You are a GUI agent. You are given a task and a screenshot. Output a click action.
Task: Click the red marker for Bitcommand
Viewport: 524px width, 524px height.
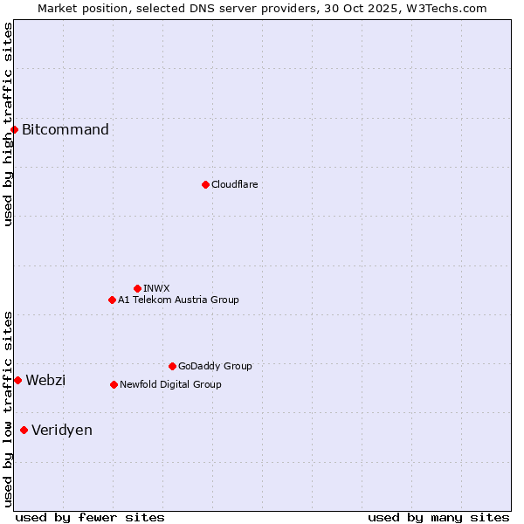(14, 130)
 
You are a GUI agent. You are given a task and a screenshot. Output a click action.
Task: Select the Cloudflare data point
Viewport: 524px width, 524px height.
(205, 184)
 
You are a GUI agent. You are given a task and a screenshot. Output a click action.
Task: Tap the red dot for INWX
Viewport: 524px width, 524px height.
(137, 288)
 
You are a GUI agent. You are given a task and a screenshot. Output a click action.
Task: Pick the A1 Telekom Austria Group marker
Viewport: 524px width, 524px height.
(112, 300)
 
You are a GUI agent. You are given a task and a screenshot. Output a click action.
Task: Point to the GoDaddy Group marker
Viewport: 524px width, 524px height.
(172, 366)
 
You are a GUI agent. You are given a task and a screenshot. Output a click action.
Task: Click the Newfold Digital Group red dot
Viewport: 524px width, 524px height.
(114, 384)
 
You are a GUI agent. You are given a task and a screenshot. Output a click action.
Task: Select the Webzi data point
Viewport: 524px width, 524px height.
(17, 380)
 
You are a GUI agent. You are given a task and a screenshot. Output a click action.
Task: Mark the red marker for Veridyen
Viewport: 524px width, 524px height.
(24, 430)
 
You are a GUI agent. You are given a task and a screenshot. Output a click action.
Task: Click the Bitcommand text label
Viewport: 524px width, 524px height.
(65, 130)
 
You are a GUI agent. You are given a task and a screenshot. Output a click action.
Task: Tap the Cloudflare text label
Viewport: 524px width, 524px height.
(234, 184)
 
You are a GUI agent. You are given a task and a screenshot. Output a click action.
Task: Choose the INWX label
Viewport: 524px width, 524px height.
(156, 288)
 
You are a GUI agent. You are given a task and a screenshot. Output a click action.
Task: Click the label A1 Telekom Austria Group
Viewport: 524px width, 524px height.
(178, 300)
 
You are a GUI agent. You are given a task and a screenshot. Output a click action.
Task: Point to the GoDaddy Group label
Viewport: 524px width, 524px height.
(215, 366)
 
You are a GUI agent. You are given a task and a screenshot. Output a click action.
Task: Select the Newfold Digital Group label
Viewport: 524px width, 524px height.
(170, 384)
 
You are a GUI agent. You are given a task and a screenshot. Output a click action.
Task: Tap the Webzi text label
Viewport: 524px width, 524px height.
(45, 380)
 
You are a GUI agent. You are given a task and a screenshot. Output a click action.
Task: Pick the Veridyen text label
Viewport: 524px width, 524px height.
(62, 430)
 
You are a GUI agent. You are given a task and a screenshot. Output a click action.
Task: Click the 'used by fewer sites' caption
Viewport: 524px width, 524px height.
(90, 517)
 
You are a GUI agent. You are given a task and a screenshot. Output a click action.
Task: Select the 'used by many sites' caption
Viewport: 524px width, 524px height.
(438, 517)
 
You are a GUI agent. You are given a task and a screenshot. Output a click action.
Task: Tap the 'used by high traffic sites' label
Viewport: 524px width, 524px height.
(8, 124)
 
